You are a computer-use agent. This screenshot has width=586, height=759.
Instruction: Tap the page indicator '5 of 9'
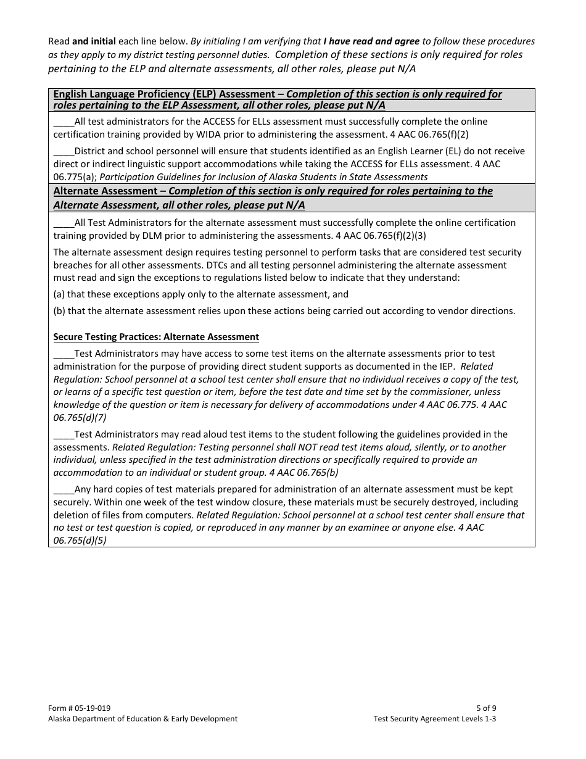(486, 708)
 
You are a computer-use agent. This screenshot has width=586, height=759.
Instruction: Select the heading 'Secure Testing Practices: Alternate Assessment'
(156, 337)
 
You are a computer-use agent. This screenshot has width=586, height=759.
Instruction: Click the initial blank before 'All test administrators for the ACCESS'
(64, 122)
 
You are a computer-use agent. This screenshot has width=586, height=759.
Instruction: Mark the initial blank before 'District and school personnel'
(64, 151)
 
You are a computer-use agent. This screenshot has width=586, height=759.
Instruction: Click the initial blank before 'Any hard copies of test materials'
(64, 489)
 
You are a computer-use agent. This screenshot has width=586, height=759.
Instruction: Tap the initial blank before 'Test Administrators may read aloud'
(64, 434)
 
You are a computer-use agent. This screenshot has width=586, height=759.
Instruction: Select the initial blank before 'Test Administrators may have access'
(64, 354)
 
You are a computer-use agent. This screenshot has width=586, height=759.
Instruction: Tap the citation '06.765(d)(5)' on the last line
(80, 540)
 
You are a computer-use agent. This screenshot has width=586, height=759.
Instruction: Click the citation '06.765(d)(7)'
(80, 417)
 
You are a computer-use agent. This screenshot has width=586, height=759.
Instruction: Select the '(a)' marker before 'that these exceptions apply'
(60, 294)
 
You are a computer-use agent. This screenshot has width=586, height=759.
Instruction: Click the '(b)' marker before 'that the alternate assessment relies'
(60, 311)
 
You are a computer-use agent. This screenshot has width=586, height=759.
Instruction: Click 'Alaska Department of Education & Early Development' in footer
(142, 719)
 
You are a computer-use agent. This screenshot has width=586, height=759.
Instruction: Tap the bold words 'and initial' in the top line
(94, 41)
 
